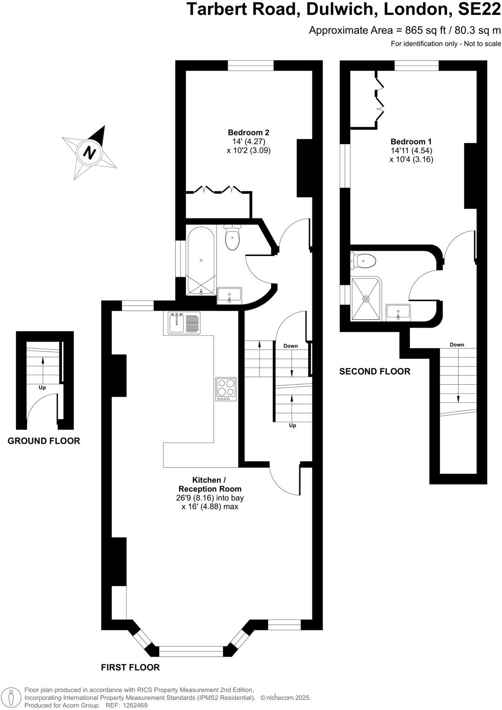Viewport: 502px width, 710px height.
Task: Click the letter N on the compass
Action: pos(89,152)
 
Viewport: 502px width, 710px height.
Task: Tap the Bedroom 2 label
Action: pos(248,132)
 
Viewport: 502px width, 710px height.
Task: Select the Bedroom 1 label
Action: pos(411,142)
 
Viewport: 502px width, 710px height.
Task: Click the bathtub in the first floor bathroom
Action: pos(201,261)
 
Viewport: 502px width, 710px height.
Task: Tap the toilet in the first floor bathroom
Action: pos(231,237)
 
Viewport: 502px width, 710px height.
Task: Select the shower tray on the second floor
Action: pos(366,299)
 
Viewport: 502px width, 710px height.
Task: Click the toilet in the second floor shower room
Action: pos(364,261)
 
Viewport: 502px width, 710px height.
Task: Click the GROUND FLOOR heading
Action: pos(44,441)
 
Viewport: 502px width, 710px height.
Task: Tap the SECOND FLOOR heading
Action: pos(375,371)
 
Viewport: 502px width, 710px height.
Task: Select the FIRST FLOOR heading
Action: pos(130,668)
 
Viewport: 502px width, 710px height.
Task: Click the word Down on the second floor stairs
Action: pos(456,345)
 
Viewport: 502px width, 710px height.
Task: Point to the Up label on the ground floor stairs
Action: pos(42,388)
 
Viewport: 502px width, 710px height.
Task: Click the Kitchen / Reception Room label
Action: pos(210,484)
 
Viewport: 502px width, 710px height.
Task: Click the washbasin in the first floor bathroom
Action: pos(230,295)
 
